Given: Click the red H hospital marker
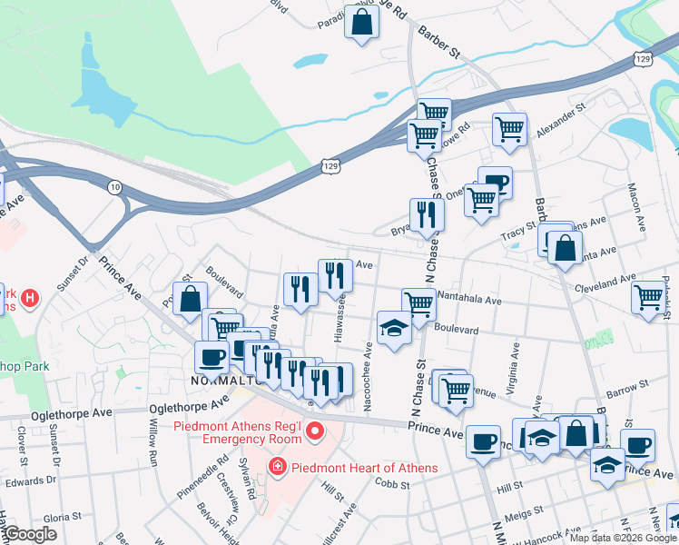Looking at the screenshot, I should coord(30,297).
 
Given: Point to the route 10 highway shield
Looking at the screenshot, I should coord(114,187).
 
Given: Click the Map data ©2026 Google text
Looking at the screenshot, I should coord(623,538).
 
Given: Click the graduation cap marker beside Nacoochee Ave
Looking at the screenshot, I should coord(395,328).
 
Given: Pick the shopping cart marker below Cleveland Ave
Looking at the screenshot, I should coord(649,298).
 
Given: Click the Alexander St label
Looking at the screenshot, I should coord(561,120).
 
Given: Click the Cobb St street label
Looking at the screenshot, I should coord(394,486).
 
